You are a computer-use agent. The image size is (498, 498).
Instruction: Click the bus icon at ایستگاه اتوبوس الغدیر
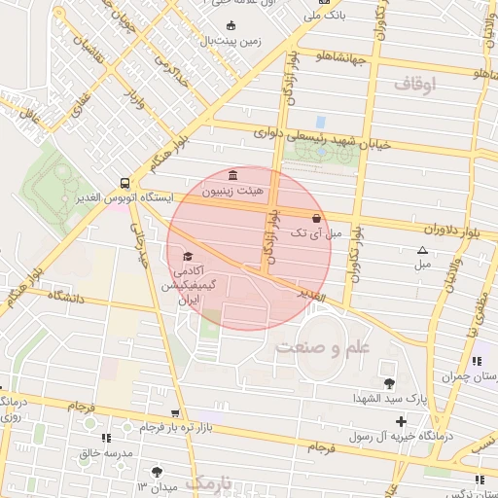coord(124,182)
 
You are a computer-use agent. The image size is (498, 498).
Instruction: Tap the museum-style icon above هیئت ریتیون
coord(232,175)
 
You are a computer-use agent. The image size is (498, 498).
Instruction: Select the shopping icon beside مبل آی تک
coord(317,219)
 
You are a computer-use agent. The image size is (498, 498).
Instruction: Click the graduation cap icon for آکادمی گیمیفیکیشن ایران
coord(187,257)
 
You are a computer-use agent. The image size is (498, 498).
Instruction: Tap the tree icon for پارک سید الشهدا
coord(390,382)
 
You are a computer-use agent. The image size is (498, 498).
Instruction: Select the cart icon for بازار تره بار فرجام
coord(175,413)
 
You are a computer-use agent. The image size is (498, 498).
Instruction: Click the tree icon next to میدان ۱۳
coord(158,472)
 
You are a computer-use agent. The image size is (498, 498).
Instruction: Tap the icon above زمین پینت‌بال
coord(231,26)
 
